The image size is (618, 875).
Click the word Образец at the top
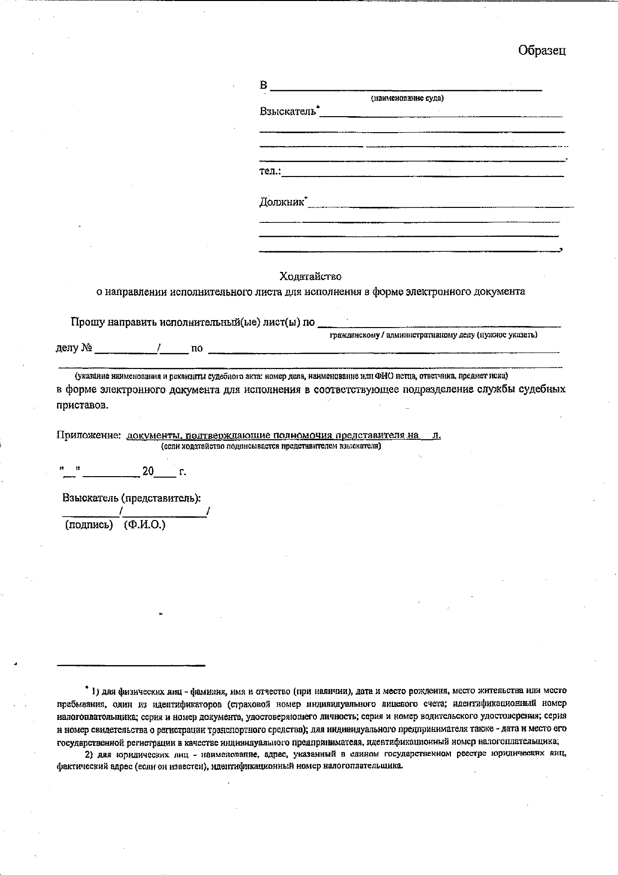[x=542, y=50]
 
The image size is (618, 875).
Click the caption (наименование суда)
[x=407, y=98]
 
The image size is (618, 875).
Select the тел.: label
[x=270, y=171]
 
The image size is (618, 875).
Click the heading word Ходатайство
[x=310, y=276]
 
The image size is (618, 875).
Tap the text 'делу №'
[x=74, y=348]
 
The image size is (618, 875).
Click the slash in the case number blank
[x=158, y=348]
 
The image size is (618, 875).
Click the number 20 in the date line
[x=148, y=471]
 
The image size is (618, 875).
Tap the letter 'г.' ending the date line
[x=183, y=472]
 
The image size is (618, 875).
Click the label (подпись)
[x=89, y=525]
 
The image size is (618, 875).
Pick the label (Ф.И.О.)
[x=145, y=525]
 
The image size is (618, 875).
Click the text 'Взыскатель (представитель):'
[x=132, y=498]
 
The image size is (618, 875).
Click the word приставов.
[x=82, y=405]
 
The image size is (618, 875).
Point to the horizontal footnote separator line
[x=131, y=665]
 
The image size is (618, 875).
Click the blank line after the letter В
[x=406, y=90]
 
